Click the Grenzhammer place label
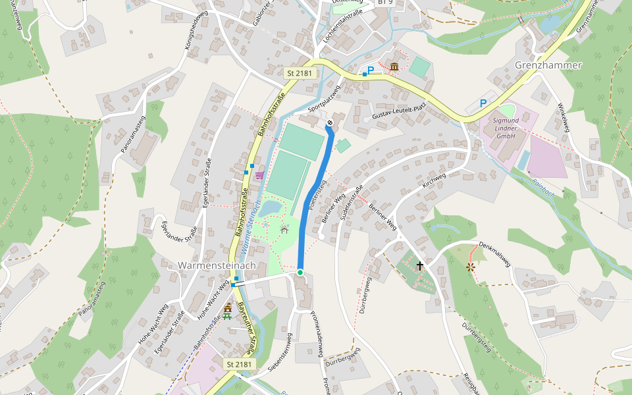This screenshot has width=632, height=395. click(548, 65)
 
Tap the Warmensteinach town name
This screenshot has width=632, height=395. click(217, 265)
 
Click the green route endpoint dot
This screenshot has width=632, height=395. click(300, 272)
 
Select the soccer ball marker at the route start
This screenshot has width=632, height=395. click(330, 122)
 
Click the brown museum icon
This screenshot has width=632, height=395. click(394, 67)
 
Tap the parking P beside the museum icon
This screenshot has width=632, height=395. click(370, 70)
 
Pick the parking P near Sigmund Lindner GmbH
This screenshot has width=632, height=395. click(483, 103)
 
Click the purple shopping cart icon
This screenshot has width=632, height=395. click(260, 174)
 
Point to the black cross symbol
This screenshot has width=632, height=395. click(419, 266)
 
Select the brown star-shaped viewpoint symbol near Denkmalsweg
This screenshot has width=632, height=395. click(470, 267)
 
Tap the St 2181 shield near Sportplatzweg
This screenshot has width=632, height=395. click(300, 74)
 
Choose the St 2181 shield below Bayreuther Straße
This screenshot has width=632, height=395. click(239, 364)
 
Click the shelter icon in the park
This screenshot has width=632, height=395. click(284, 230)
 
